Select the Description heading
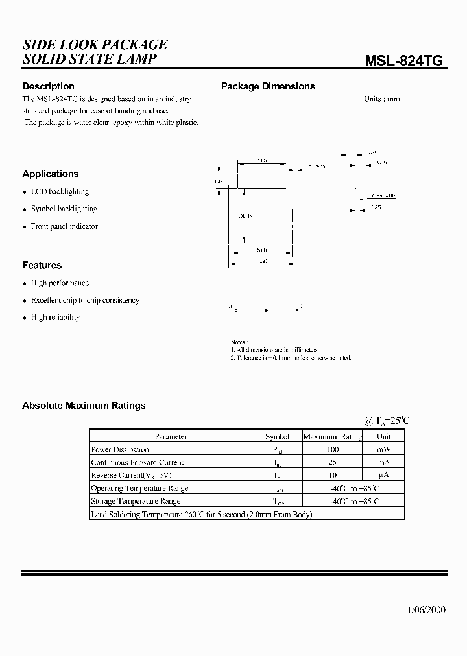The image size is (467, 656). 48,86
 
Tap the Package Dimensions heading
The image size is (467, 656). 268,86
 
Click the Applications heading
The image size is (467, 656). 50,174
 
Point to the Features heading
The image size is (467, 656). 42,265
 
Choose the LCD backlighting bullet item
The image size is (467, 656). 60,192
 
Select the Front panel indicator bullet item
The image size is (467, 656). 64,226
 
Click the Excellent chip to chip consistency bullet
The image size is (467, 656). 85,301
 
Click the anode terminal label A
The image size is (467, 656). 230,306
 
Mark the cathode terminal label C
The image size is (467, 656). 301,306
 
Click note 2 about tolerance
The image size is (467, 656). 291,358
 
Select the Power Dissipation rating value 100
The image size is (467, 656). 332,449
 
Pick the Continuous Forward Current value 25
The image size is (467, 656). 332,462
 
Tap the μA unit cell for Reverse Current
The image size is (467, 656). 384,475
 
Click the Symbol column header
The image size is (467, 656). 277,437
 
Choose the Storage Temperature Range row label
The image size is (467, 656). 136,501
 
